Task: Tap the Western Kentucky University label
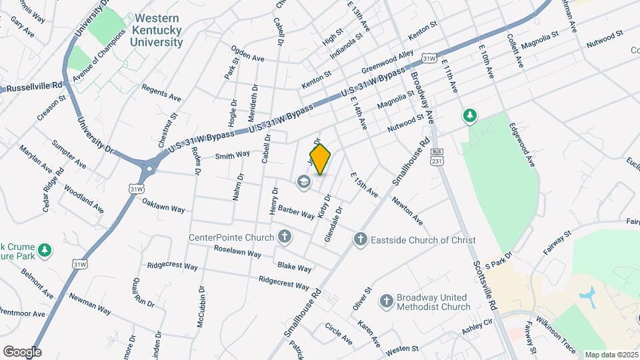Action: click(157, 31)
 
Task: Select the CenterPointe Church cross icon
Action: click(285, 237)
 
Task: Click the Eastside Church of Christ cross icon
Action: click(361, 239)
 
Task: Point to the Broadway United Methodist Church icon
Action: click(386, 301)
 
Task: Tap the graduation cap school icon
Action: click(304, 182)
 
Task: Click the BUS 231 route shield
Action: click(437, 157)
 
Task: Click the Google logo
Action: click(22, 351)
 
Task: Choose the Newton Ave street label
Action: click(407, 210)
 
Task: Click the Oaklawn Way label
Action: click(163, 204)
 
